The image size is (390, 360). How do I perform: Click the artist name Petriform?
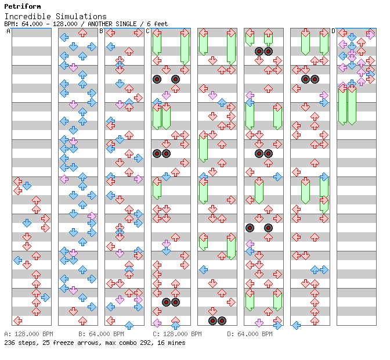click(23, 6)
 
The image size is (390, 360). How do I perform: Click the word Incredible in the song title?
click(28, 16)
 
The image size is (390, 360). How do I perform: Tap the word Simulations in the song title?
click(81, 16)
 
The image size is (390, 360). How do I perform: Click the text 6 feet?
click(157, 24)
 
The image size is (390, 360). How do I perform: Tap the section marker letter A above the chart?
click(8, 31)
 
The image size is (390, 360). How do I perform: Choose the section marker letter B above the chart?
click(101, 31)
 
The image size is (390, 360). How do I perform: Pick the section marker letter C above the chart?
click(148, 31)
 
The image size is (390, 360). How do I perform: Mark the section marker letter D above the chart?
click(334, 31)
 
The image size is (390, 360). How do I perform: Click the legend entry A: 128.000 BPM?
click(28, 334)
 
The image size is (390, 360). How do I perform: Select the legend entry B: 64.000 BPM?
click(101, 334)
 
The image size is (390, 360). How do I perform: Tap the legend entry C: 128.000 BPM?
click(177, 334)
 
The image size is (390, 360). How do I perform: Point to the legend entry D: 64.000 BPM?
click(250, 334)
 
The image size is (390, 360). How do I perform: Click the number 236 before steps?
click(9, 343)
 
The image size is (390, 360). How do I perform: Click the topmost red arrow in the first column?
click(17, 181)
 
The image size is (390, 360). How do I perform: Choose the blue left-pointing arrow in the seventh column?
click(296, 325)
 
